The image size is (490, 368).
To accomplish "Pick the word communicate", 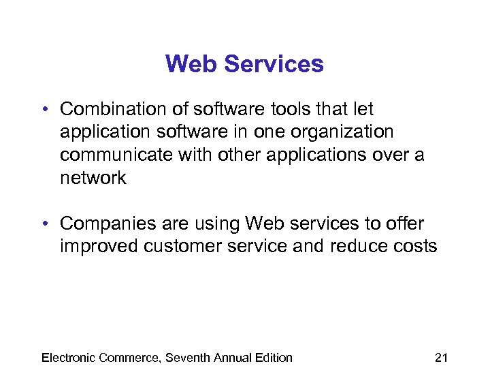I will pos(116,155).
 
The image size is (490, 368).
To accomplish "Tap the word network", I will pos(93,178).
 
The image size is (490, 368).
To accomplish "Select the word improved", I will pos(99,246).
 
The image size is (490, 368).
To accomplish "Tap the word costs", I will pos(416,246).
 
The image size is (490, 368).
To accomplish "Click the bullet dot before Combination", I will pos(43,110).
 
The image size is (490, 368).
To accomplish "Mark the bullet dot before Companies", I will pos(43,224).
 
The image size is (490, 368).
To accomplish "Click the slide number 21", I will pos(441,357).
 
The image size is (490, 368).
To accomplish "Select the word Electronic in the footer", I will pos(68,357).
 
